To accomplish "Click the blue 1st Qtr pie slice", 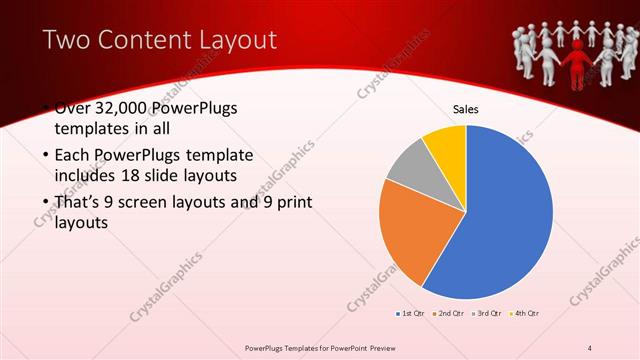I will (510, 215).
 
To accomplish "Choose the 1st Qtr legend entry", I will (410, 314).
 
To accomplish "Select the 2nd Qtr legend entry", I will (449, 314).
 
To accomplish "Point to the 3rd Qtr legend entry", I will (488, 314).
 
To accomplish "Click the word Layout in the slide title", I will (236, 40).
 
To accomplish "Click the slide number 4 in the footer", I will (591, 346).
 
